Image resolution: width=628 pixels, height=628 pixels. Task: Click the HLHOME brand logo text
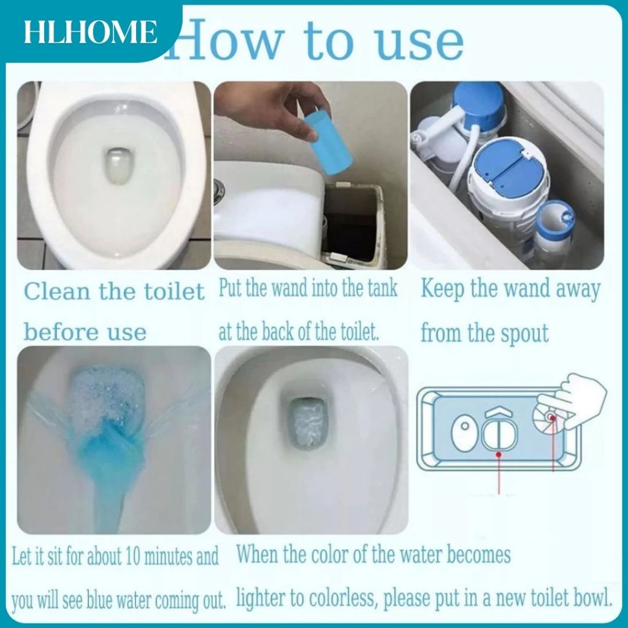coord(90,32)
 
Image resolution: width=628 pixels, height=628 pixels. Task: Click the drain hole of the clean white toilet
coord(119,166)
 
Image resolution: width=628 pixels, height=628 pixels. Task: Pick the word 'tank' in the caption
coord(382,289)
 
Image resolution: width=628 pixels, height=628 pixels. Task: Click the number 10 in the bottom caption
coord(132,556)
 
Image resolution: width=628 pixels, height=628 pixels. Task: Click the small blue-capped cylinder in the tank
coord(554,232)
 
